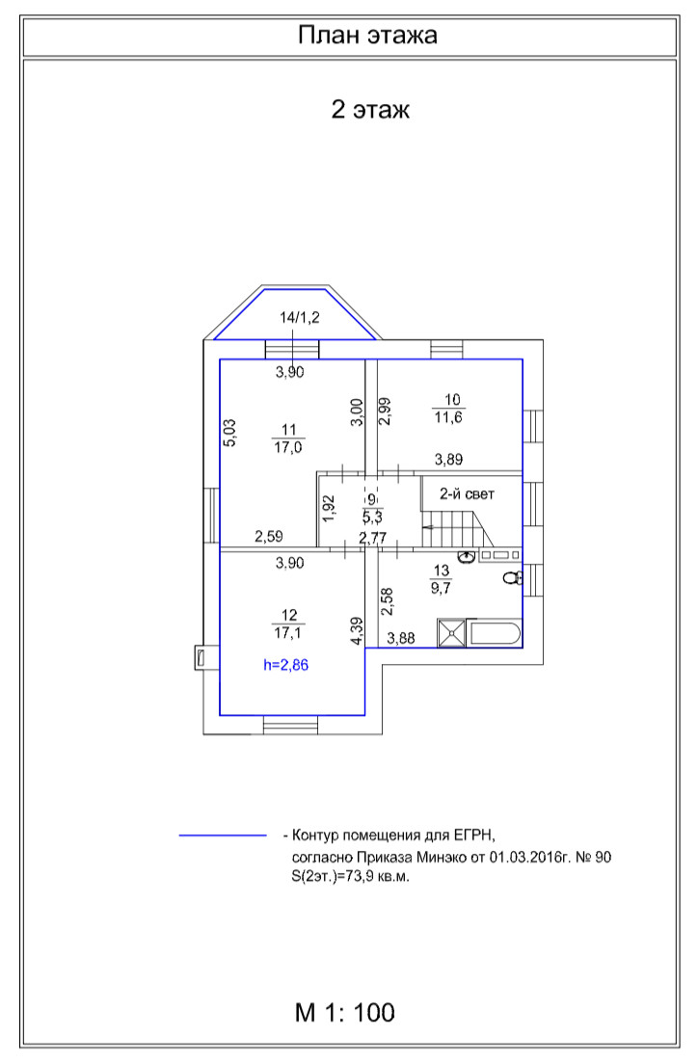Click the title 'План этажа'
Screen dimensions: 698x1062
point(367,37)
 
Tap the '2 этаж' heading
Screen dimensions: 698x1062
point(370,110)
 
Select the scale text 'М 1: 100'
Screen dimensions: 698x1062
point(344,1013)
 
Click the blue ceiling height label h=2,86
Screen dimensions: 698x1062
point(287,664)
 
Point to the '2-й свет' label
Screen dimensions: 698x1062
point(468,494)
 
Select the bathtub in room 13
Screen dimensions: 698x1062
point(495,634)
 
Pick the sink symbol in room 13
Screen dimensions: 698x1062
point(467,556)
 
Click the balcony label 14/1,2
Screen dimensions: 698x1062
point(300,317)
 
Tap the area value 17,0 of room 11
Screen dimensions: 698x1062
point(287,447)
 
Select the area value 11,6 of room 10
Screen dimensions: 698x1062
point(450,416)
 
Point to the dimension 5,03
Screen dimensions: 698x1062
point(229,433)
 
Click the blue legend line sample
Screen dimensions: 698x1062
point(222,836)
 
